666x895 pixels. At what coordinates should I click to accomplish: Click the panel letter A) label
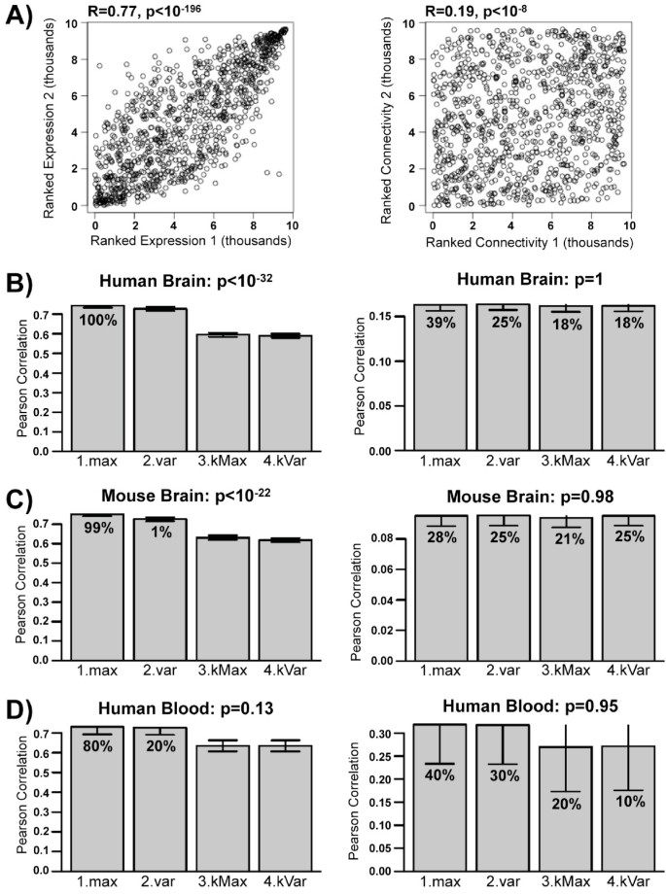pyautogui.click(x=21, y=17)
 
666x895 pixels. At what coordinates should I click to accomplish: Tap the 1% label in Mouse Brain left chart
pyautogui.click(x=158, y=532)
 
